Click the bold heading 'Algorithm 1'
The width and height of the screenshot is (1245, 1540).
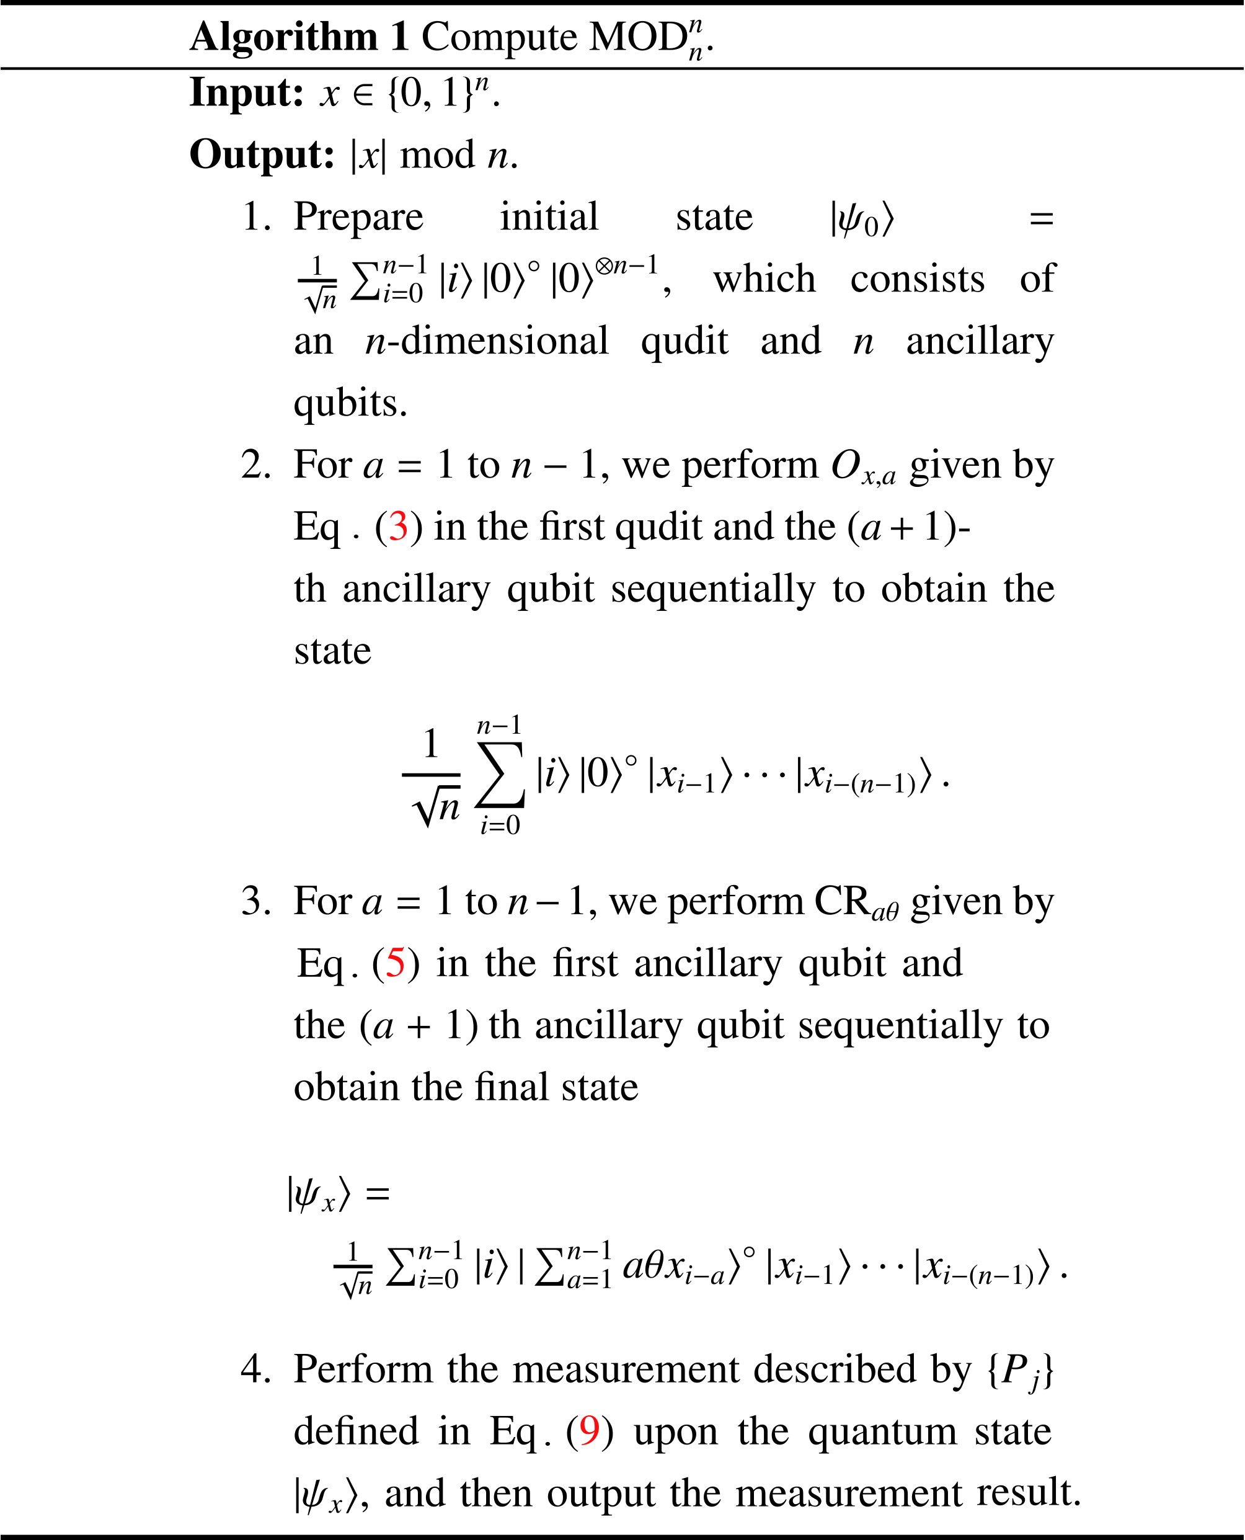[x=299, y=37]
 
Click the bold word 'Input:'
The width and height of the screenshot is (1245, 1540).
[x=247, y=93]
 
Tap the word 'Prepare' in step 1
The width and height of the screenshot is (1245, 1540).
[x=358, y=217]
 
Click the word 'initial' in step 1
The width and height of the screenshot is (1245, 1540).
[x=549, y=217]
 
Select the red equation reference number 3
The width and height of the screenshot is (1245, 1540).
[x=399, y=527]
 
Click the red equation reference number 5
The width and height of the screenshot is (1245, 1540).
[x=396, y=963]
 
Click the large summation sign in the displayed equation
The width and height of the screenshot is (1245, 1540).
[x=500, y=775]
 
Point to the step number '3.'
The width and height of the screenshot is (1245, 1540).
[x=257, y=902]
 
